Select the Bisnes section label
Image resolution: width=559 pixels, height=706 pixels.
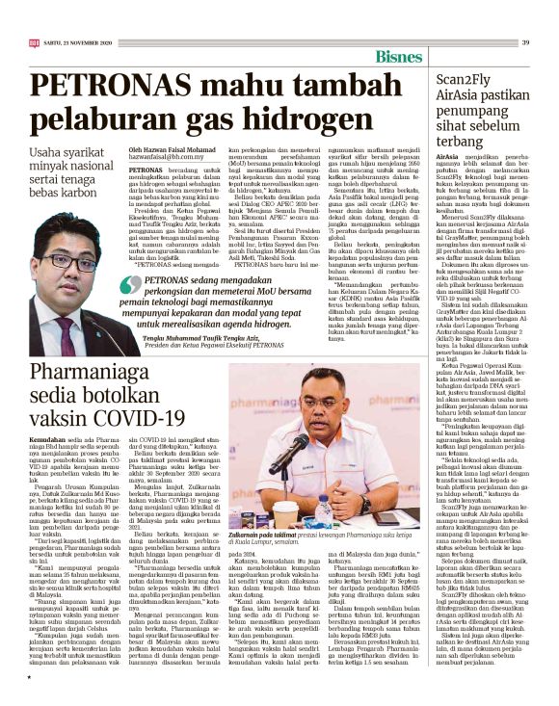[x=400, y=57]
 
